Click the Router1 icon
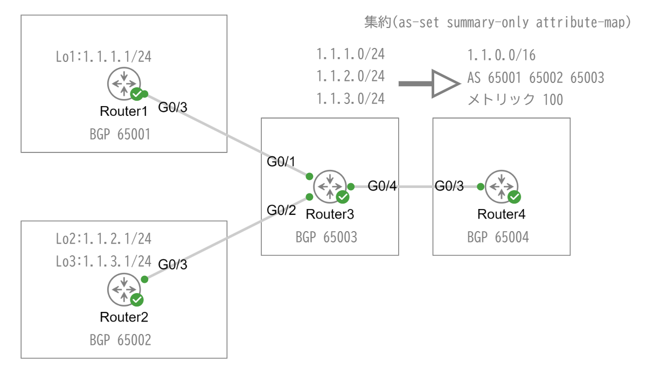(124, 84)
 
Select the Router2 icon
(124, 290)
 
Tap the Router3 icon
(329, 186)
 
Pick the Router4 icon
(501, 186)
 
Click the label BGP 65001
(120, 134)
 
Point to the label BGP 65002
(120, 340)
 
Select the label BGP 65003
(326, 237)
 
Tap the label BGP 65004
(498, 237)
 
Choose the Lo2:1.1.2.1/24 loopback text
(103, 238)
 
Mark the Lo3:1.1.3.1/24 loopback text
(103, 261)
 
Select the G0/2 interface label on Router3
(282, 210)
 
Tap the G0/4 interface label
(383, 186)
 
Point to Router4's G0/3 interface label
(449, 186)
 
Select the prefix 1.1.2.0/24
(350, 76)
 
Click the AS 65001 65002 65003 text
(536, 78)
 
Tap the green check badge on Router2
(137, 300)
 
